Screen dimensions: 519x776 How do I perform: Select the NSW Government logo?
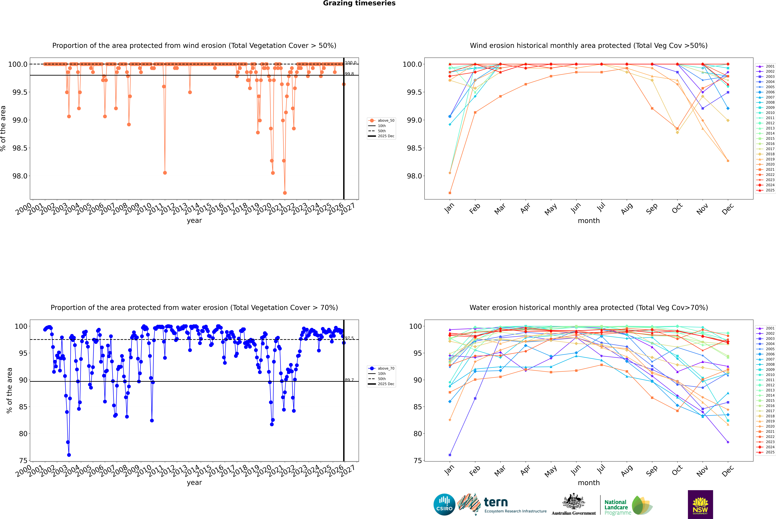[x=700, y=504]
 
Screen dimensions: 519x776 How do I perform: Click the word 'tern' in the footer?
[x=495, y=502]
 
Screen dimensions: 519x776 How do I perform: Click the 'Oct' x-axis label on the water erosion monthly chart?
[x=677, y=469]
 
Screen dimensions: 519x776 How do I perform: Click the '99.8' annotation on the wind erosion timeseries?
[x=349, y=74]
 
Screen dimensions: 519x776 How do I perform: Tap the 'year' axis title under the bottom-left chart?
[x=194, y=483]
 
